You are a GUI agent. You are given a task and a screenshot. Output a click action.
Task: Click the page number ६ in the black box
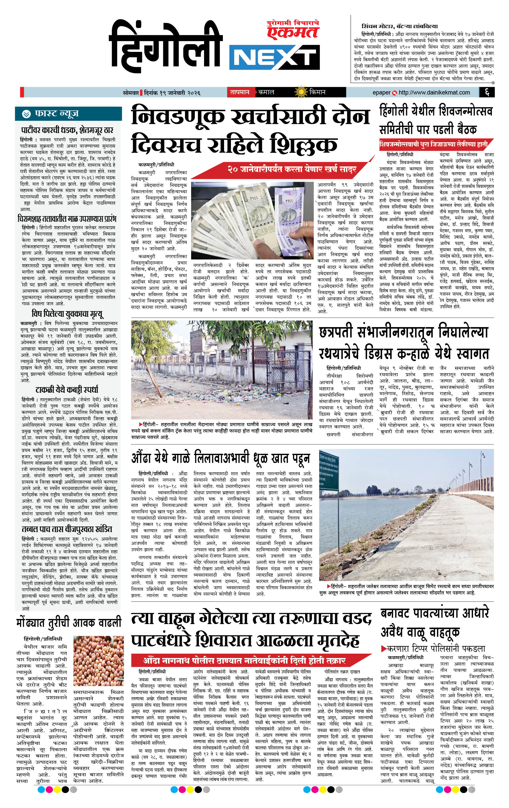487,92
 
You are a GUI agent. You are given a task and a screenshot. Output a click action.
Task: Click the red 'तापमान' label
239,92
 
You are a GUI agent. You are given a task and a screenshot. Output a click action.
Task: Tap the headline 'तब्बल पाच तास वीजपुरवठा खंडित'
67,529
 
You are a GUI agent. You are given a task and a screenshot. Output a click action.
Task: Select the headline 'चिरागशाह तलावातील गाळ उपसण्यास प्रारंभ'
67,219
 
